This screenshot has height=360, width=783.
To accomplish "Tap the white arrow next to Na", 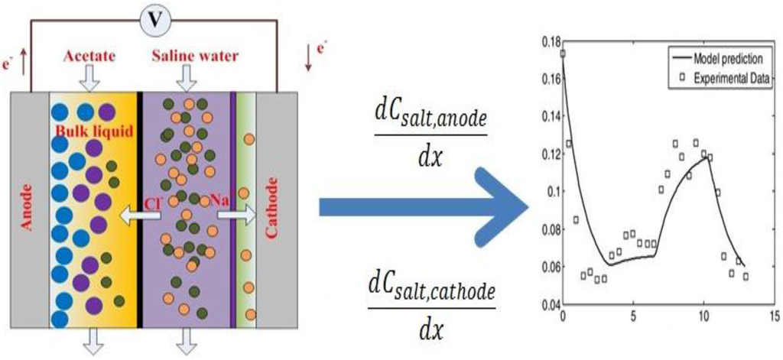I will tap(235, 216).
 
